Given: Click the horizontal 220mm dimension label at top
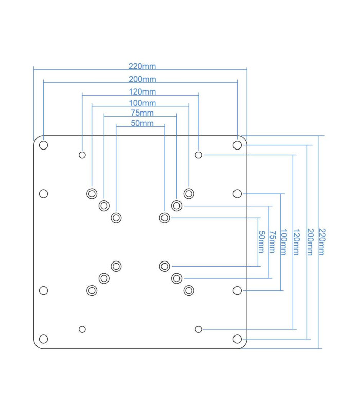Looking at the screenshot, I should [142, 66].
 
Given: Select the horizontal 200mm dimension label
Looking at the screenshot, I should [142, 79].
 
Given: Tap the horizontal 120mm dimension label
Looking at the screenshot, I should [142, 92].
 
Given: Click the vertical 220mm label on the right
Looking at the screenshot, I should [322, 242].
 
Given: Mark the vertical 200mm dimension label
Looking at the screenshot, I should [310, 242].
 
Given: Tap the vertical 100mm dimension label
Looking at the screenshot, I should [283, 242].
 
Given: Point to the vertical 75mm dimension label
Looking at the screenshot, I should [272, 242].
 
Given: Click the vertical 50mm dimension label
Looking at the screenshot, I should [261, 242].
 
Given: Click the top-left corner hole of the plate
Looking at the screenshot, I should [44, 145].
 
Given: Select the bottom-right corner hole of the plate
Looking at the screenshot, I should [237, 339].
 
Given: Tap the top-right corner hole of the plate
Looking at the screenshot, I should [237, 145].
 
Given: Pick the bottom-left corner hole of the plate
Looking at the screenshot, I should [44, 339].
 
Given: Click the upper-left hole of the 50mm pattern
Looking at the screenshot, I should [116, 218].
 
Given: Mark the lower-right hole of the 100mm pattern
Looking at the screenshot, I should [189, 290].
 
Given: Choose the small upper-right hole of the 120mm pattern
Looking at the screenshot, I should [199, 155].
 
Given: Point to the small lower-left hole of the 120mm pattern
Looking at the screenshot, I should [82, 329].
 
